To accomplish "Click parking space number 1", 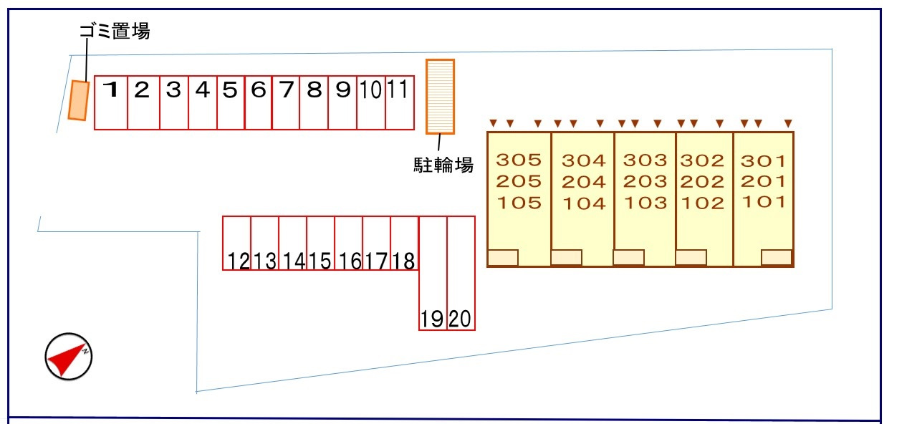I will [x=111, y=102].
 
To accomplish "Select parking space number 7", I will [x=286, y=102].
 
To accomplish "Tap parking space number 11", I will [x=400, y=102].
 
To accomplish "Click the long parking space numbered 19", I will [x=433, y=273].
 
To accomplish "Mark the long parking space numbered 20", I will [x=461, y=273].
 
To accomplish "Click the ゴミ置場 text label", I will [x=114, y=31].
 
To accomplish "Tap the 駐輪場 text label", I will [x=443, y=165].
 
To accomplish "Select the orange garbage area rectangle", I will [x=79, y=101].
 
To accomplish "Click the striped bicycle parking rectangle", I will [x=441, y=97].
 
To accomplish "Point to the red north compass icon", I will [x=69, y=356].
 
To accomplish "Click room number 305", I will [x=519, y=160].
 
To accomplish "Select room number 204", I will [x=583, y=181].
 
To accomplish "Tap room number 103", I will [x=645, y=203].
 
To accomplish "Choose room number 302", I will [x=703, y=160].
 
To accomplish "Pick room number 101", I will [x=763, y=202].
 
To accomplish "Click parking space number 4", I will [x=203, y=102].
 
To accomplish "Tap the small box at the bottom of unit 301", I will [x=777, y=257].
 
